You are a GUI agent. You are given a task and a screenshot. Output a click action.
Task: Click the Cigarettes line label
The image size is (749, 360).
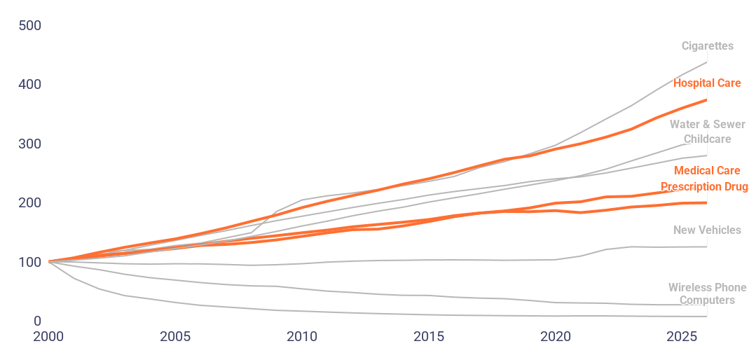[707, 46]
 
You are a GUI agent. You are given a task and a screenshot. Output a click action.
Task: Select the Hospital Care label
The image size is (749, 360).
[707, 83]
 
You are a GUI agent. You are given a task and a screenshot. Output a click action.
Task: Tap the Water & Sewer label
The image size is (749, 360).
[707, 125]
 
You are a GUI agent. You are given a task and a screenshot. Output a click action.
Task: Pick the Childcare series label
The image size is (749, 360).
[707, 139]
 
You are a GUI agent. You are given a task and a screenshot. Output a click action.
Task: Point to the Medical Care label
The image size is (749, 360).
[707, 171]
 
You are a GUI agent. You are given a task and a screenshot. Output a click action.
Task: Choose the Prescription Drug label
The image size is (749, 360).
[703, 187]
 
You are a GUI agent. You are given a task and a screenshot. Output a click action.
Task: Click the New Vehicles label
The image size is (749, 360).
[707, 230]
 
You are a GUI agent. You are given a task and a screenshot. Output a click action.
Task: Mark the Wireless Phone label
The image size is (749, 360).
[706, 288]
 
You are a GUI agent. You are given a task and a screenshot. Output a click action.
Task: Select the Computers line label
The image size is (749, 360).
[707, 300]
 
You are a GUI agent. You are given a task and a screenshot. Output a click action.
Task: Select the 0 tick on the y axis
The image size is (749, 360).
[37, 321]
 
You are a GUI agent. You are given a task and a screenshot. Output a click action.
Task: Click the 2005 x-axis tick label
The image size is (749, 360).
[174, 337]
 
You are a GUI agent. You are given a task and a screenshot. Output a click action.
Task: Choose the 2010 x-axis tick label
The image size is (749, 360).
[301, 337]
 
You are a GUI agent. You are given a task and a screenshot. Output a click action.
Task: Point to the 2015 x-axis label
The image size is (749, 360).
[428, 337]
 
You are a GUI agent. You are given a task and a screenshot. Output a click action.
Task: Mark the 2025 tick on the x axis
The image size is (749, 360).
[681, 337]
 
